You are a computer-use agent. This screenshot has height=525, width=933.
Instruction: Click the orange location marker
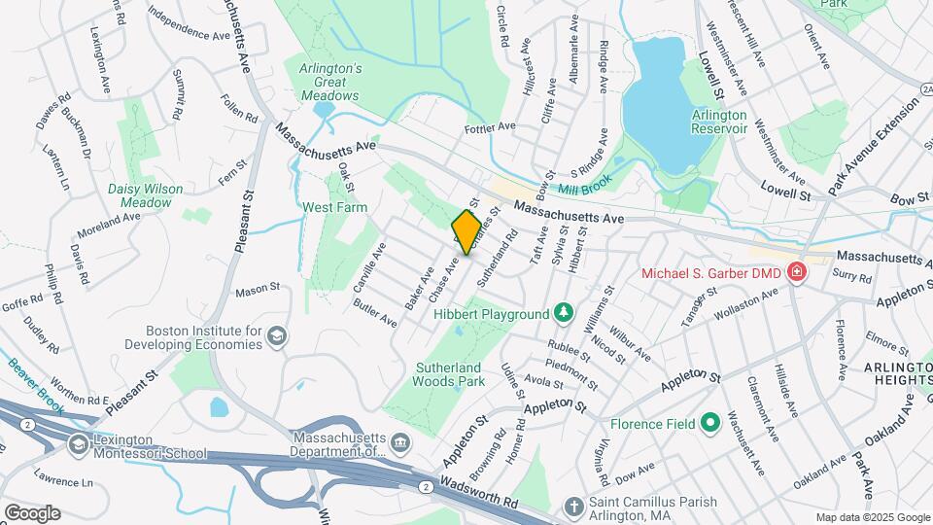(466, 232)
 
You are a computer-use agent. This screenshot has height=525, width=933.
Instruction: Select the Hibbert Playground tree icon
(562, 313)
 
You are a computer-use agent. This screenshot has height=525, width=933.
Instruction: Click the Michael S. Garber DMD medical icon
(797, 271)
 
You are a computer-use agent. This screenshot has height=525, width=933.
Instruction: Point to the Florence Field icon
(710, 423)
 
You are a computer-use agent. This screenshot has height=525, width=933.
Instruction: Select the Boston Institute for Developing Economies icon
(277, 336)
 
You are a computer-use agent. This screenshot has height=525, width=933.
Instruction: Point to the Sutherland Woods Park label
(450, 374)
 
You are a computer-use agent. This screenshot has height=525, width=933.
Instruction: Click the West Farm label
(331, 207)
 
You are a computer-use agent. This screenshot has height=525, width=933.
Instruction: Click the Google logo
(33, 512)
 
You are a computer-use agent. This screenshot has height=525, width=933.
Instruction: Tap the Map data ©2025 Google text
(872, 517)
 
